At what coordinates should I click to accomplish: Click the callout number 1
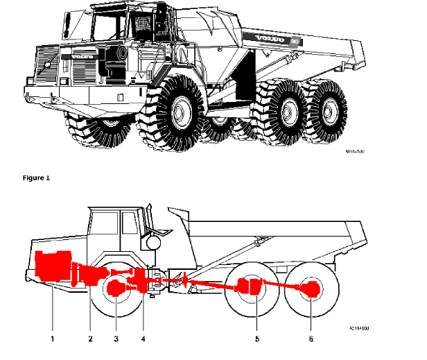coord(52,338)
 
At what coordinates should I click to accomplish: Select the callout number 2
coord(90,338)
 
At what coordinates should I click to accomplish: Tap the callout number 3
coord(116,338)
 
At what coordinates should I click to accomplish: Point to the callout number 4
coord(143,338)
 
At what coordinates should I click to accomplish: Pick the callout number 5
coord(257,338)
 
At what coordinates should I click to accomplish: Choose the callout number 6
coord(311,338)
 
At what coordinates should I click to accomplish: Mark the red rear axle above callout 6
coord(311,287)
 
